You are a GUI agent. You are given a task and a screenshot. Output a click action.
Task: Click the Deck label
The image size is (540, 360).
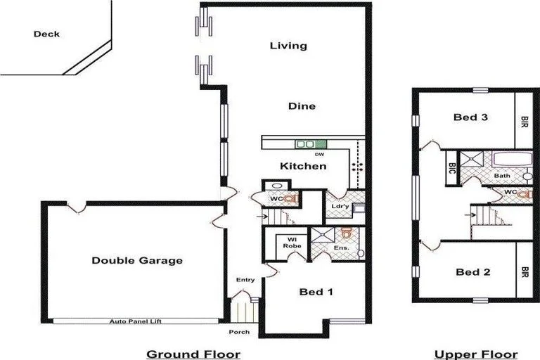(46, 34)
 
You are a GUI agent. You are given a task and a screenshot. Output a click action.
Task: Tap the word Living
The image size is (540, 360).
(289, 46)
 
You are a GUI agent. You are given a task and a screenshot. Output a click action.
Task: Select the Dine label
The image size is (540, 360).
(302, 106)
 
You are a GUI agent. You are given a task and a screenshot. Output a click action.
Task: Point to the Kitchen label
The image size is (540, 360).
(303, 167)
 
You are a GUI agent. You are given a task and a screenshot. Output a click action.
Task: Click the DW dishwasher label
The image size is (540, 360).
(319, 154)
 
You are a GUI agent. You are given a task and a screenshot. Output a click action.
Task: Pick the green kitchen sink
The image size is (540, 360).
(306, 144)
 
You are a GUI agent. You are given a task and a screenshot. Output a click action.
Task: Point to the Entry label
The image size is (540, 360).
(245, 280)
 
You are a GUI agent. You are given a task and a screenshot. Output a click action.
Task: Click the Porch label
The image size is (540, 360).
(239, 332)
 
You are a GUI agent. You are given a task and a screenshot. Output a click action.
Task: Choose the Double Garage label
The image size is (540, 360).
(137, 261)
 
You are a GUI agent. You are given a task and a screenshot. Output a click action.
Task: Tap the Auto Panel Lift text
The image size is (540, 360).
(136, 321)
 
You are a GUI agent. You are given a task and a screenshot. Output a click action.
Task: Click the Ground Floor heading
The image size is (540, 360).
(193, 354)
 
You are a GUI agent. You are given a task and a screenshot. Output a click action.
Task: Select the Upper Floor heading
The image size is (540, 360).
(475, 354)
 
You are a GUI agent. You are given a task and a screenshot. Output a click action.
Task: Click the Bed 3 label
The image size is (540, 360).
(470, 117)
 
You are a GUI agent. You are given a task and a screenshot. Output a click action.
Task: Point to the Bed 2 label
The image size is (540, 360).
(472, 272)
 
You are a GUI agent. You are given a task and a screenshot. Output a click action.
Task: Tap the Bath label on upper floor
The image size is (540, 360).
(501, 175)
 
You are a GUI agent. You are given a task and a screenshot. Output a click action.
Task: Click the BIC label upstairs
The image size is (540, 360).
(451, 169)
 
